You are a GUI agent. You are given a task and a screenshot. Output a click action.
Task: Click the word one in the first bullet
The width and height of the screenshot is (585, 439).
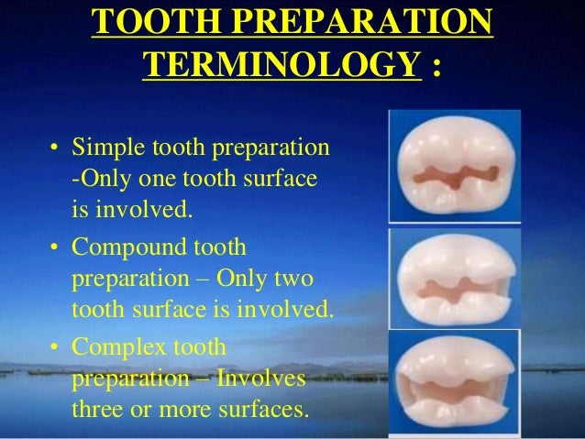(x=159, y=181)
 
